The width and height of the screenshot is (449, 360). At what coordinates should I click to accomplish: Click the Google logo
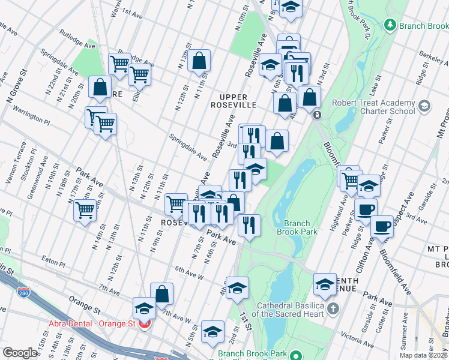20,353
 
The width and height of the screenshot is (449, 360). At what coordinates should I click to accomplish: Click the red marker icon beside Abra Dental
144,325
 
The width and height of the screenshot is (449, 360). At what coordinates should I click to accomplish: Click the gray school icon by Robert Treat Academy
424,107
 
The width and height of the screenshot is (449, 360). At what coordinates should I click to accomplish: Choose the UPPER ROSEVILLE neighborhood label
238,101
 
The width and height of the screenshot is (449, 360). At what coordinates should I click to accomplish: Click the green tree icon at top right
390,25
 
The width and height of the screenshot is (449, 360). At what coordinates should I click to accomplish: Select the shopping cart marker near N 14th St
85,211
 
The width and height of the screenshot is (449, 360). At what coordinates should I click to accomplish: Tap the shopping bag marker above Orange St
162,294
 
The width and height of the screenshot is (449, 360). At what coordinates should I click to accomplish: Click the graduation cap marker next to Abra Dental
144,308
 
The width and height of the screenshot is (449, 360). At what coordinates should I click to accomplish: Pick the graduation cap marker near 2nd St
212,331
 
